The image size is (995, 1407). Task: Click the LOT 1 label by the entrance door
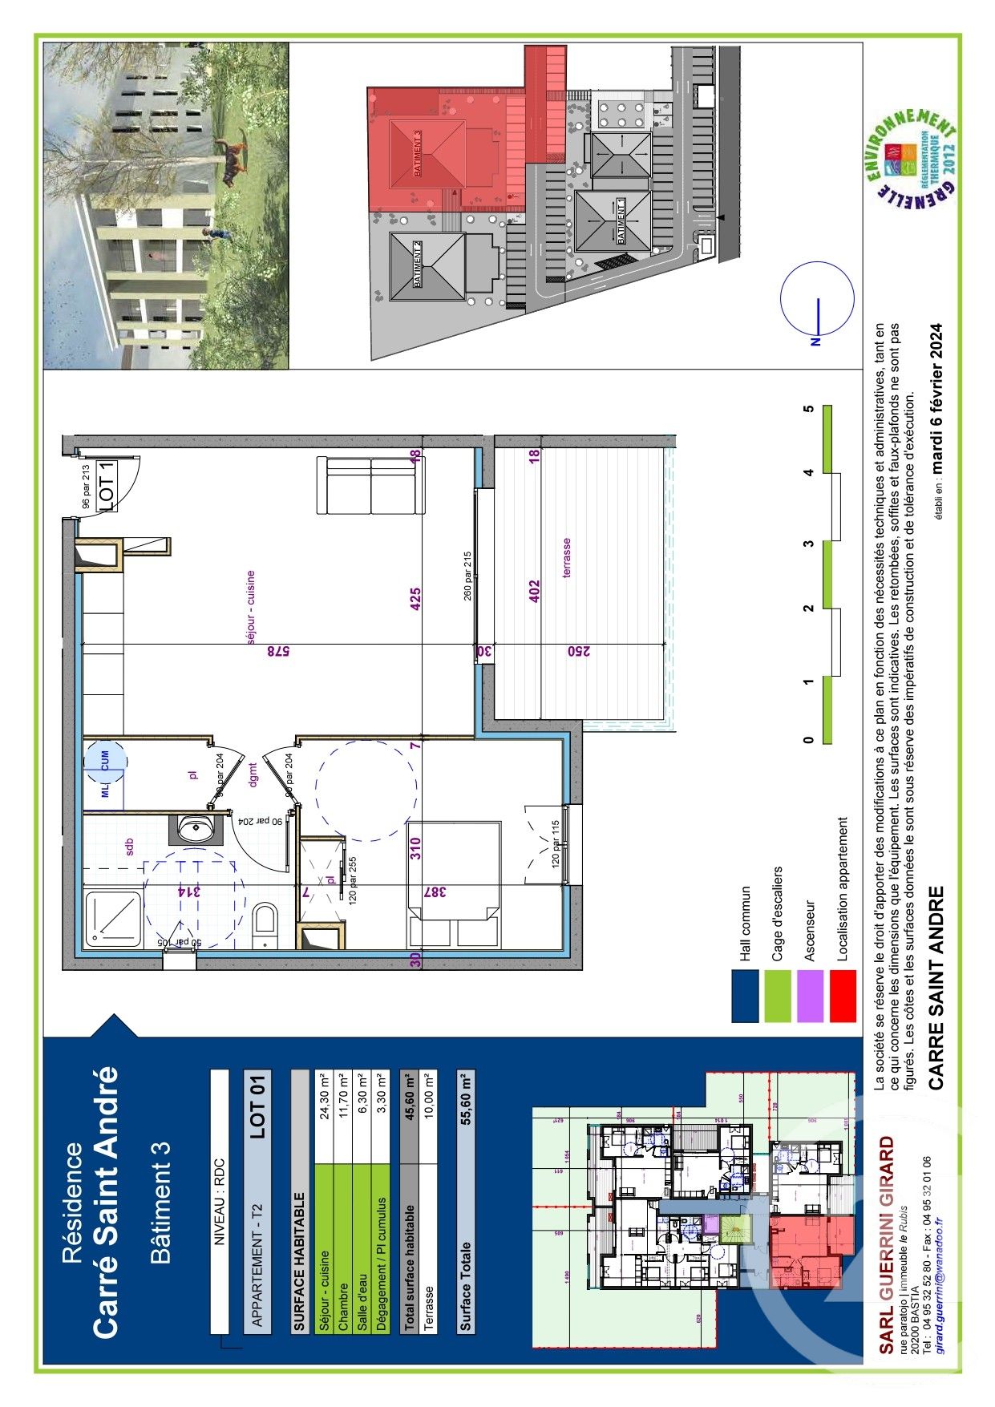tap(107, 486)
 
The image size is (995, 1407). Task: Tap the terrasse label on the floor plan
tap(567, 558)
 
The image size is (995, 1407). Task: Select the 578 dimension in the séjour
tap(276, 652)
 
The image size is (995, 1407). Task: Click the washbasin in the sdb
tap(194, 828)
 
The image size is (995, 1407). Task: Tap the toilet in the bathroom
tap(265, 926)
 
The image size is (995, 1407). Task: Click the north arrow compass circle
tap(817, 299)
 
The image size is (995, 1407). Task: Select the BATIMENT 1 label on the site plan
tap(620, 220)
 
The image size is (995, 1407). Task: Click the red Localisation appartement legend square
tap(843, 996)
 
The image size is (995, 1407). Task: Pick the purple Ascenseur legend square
tap(811, 996)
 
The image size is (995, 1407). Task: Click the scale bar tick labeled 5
tap(809, 409)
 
